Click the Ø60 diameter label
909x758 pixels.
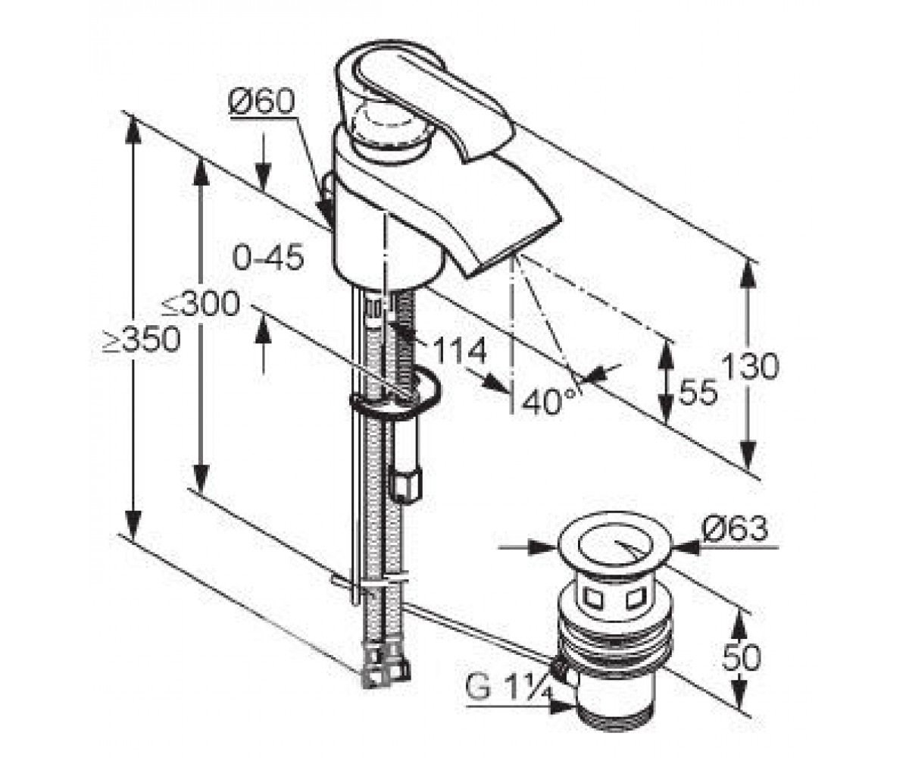pos(261,103)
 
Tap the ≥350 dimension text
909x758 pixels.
pos(141,340)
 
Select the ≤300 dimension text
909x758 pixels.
pos(201,304)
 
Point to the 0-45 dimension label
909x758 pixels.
pos(267,257)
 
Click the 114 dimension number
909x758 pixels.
pos(460,351)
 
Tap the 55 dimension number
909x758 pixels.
pos(698,392)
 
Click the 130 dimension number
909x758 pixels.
pos(751,366)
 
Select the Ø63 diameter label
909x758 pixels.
pos(735,529)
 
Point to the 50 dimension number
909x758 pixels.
pos(741,657)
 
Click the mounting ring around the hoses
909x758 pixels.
pos(395,394)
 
